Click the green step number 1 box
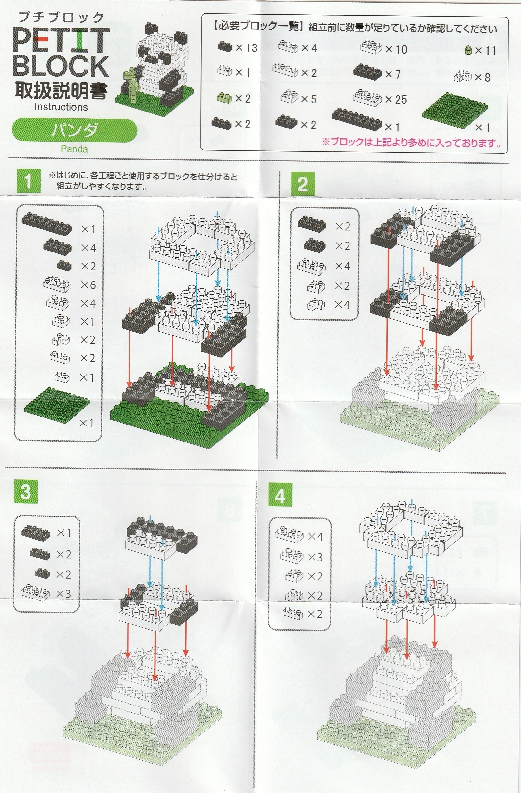[x=28, y=181]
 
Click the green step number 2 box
[x=302, y=184]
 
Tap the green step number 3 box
[x=25, y=492]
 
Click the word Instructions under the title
[x=61, y=107]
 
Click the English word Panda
[x=74, y=149]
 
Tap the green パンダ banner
[x=74, y=130]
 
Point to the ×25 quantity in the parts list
[x=396, y=99]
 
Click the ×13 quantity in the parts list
[x=246, y=48]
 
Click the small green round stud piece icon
[x=468, y=50]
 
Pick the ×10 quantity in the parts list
[x=396, y=49]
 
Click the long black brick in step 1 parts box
[x=47, y=224]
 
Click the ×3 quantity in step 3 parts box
[x=63, y=593]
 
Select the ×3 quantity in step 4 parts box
[x=315, y=557]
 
